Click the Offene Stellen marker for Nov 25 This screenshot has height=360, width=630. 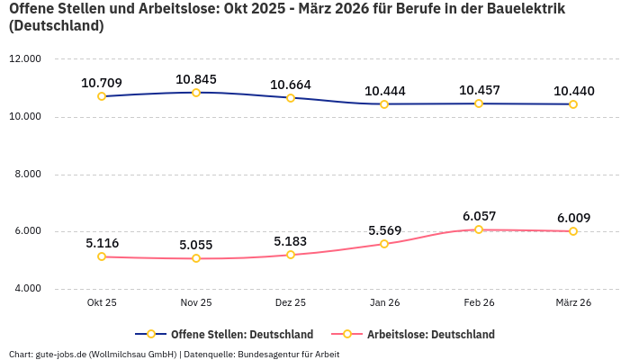(x=196, y=92)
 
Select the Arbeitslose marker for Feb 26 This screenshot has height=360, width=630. (x=479, y=229)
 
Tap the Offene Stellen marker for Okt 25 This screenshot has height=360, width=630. (x=102, y=96)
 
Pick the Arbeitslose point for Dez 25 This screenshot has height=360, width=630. (x=291, y=255)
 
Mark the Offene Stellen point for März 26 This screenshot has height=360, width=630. (x=573, y=104)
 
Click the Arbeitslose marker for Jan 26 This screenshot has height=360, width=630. (x=384, y=244)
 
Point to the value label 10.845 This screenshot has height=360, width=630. (x=196, y=79)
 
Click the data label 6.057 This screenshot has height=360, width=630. (x=479, y=216)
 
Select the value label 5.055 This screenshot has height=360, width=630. (x=196, y=245)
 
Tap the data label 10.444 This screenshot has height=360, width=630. (x=384, y=91)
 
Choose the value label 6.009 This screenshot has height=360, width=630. (x=573, y=218)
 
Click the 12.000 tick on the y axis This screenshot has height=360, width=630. (x=25, y=59)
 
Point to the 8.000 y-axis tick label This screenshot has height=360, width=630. (x=27, y=174)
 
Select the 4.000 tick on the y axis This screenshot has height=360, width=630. (x=27, y=289)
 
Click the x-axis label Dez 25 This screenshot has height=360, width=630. (x=291, y=303)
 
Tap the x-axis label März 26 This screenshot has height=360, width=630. (x=573, y=303)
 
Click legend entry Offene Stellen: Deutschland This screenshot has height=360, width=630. (x=241, y=334)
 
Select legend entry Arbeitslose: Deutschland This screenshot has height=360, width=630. (x=430, y=334)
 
